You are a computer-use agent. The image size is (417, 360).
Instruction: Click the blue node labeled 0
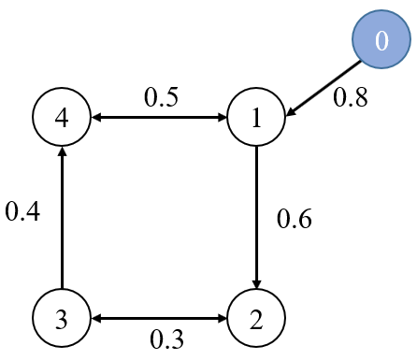click(x=380, y=42)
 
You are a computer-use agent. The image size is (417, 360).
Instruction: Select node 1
click(x=256, y=119)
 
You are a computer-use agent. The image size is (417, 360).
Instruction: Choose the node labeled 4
click(x=61, y=119)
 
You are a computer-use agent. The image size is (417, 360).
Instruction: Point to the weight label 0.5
click(x=161, y=97)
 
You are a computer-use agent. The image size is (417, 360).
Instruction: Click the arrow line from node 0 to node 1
click(x=323, y=89)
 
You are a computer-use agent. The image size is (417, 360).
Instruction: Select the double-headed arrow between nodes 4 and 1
click(x=159, y=119)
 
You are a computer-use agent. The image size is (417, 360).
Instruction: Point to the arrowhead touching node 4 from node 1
click(x=96, y=119)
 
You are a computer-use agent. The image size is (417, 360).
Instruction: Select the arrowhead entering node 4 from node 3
click(x=61, y=154)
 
